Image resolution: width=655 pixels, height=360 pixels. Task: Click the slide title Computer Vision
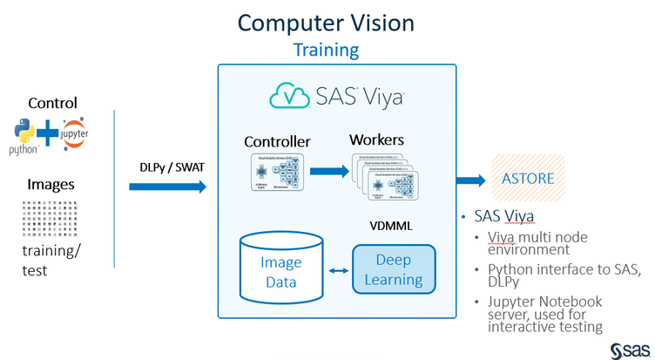(326, 22)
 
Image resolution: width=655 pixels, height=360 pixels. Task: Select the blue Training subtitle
(326, 50)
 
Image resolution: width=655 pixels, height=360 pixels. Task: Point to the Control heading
(52, 103)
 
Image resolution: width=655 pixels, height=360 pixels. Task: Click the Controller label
(277, 141)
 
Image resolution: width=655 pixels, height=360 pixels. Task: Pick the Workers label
(376, 139)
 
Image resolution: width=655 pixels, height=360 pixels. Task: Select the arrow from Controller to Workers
(328, 173)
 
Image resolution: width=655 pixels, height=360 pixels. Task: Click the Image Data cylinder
(280, 266)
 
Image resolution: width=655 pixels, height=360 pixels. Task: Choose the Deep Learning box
(393, 269)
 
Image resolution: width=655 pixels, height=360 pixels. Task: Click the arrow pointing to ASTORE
(471, 180)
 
